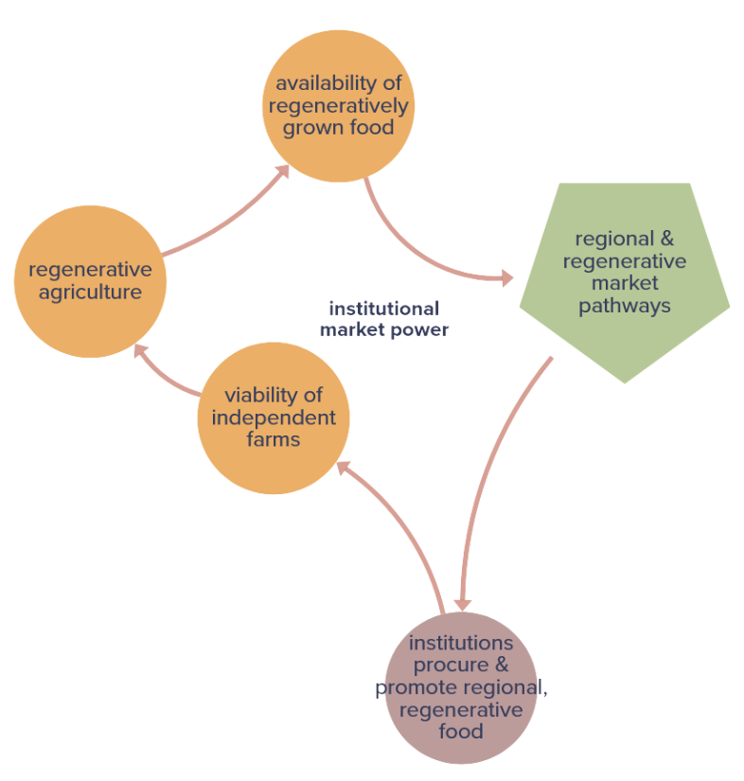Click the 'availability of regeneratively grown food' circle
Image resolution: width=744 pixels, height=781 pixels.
[338, 105]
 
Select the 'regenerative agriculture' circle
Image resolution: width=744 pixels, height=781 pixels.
[90, 281]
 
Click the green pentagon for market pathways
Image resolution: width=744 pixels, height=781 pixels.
[624, 275]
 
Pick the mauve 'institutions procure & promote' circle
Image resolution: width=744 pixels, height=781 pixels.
[461, 686]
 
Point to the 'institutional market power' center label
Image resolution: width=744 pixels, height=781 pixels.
[383, 319]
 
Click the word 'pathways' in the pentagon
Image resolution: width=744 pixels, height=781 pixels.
[624, 306]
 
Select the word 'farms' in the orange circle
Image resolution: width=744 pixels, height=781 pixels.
[274, 439]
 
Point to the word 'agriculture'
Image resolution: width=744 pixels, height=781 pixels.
[91, 293]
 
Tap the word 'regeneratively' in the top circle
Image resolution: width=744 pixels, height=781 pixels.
[338, 105]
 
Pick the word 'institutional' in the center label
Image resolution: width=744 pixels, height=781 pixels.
[383, 309]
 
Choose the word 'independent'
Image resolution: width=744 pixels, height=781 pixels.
[274, 417]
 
